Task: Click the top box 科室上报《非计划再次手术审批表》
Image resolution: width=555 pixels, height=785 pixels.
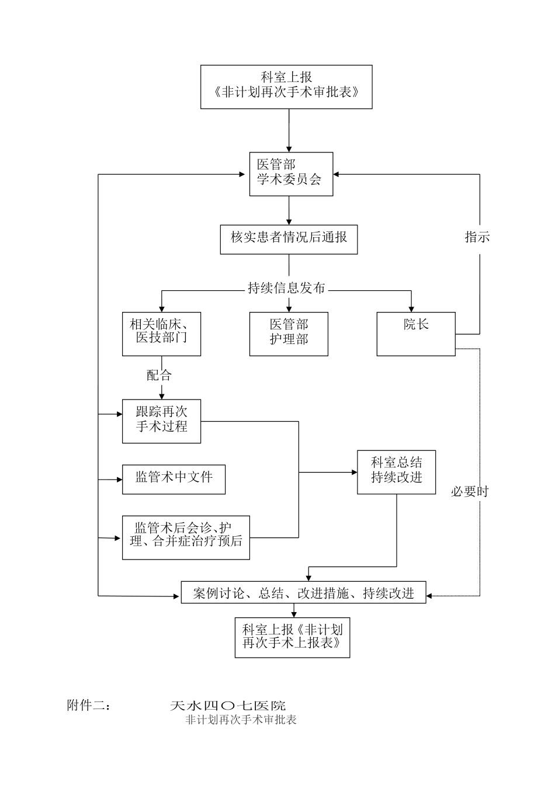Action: click(286, 86)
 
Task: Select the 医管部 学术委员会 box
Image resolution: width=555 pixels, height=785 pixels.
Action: click(289, 173)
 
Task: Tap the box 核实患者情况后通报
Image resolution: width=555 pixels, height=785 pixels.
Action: click(289, 239)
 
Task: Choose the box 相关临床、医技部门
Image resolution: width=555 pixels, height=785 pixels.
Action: click(161, 334)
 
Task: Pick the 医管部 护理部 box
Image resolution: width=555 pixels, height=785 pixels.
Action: click(289, 334)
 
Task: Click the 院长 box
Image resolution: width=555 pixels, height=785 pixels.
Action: click(415, 334)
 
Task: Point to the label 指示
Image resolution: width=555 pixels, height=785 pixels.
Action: click(477, 237)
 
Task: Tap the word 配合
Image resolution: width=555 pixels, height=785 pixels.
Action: click(159, 374)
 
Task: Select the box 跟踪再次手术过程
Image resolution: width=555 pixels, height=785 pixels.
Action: click(161, 421)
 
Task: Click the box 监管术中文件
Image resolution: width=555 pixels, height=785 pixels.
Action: click(174, 479)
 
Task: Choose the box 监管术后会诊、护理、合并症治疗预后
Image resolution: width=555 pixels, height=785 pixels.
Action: click(186, 537)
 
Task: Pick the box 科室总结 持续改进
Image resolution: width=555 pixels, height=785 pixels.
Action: click(396, 472)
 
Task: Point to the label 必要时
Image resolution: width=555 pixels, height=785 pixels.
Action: click(469, 492)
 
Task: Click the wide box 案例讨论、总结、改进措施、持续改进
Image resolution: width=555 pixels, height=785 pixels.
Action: click(303, 592)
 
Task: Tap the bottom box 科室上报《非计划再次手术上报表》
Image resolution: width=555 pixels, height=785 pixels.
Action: click(292, 637)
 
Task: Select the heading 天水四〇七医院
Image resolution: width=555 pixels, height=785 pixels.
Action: click(228, 706)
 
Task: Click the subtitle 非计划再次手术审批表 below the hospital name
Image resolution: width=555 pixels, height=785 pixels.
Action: click(241, 720)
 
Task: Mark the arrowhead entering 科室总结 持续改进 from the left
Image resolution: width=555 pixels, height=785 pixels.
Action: click(353, 472)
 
